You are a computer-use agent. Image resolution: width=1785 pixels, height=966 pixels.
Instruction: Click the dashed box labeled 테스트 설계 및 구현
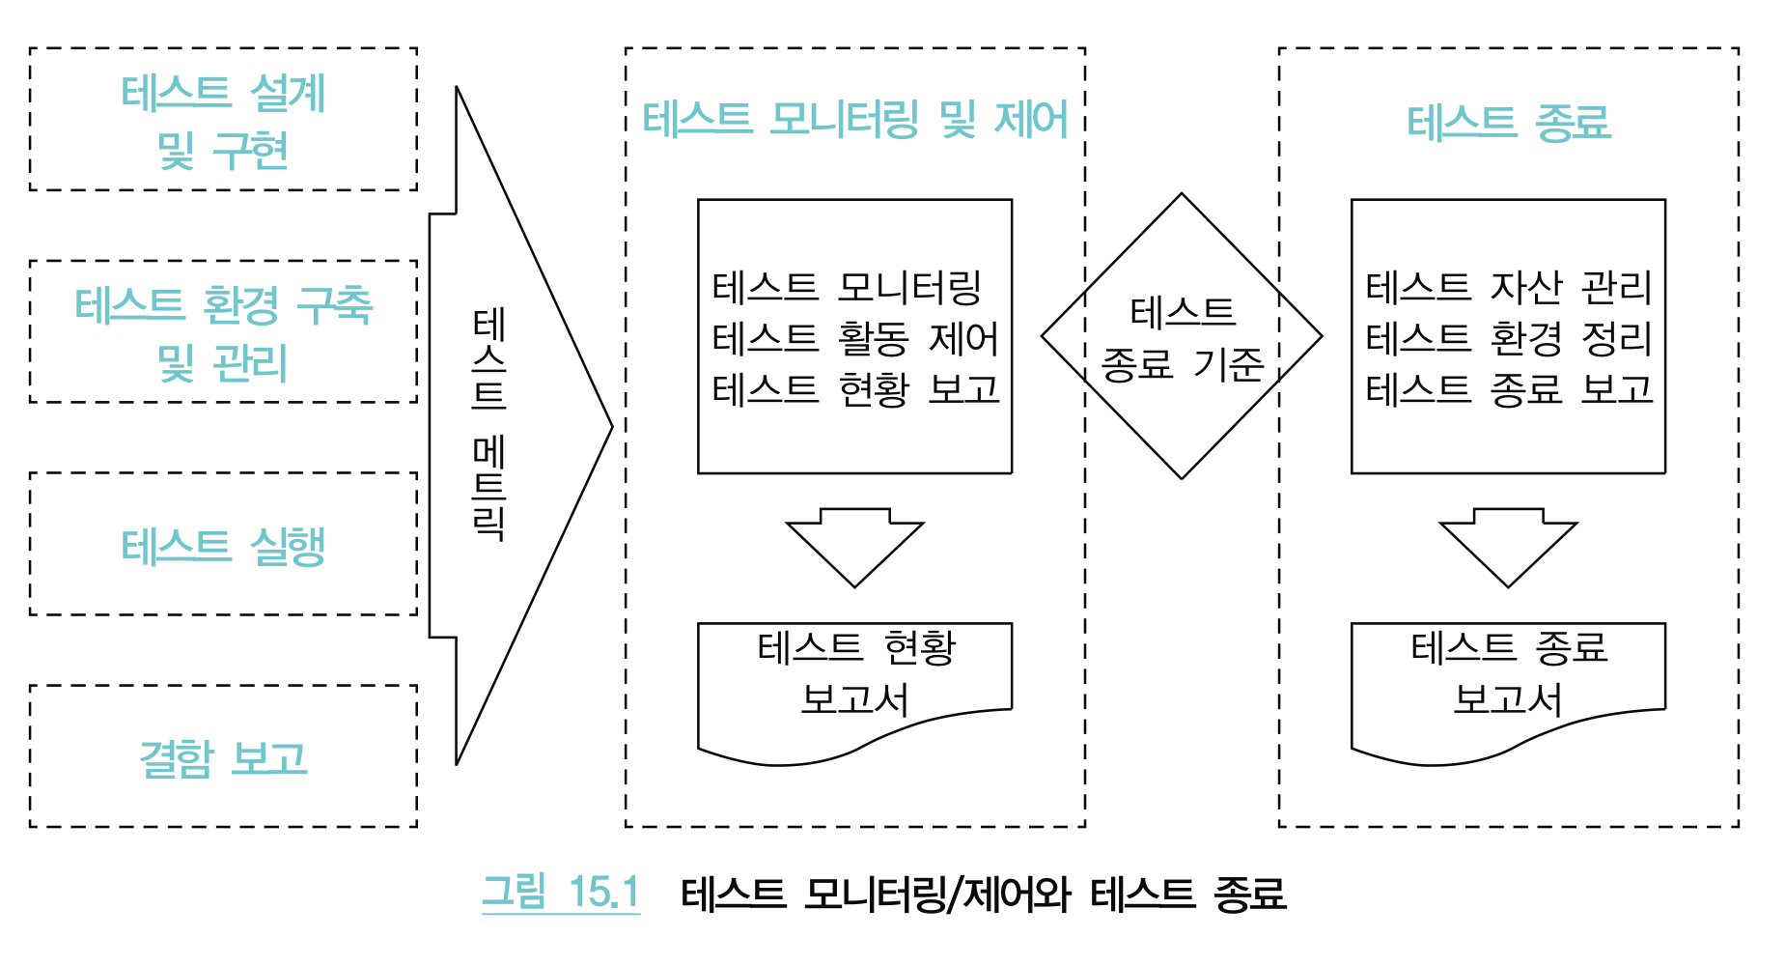pos(223,120)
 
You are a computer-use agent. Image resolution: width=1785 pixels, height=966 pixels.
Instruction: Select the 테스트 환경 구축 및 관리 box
pos(223,332)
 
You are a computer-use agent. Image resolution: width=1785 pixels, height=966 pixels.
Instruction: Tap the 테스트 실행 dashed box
pos(223,545)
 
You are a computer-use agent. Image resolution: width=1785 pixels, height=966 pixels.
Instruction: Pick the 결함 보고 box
pos(223,757)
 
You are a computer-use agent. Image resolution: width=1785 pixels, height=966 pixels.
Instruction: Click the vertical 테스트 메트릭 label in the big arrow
pos(489,425)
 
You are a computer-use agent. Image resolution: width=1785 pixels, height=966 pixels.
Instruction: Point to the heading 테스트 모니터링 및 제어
pos(855,121)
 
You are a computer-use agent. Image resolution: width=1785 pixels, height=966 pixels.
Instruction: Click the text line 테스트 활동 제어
pos(855,338)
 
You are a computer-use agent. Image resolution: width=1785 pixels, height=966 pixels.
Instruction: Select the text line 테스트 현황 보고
pos(855,389)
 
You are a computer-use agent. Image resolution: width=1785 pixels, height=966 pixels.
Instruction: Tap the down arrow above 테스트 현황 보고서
pos(855,546)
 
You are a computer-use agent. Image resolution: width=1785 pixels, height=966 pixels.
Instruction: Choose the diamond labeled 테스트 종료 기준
pos(1182,337)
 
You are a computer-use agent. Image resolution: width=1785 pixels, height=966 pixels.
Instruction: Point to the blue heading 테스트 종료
pos(1509,123)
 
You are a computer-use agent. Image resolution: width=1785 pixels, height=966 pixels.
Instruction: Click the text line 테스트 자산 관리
pos(1509,287)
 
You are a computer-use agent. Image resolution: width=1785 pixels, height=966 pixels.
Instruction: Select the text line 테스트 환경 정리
pos(1509,338)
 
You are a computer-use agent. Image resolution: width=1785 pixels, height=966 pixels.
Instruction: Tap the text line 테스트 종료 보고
pos(1509,389)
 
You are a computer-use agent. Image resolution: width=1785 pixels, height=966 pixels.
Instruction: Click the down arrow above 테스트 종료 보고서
pos(1509,546)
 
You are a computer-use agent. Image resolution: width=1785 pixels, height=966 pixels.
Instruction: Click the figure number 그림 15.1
pos(561,892)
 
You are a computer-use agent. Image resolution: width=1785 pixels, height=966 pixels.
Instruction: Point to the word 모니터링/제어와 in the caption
pos(936,894)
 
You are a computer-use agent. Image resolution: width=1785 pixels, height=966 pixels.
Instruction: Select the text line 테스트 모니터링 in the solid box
pos(847,287)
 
